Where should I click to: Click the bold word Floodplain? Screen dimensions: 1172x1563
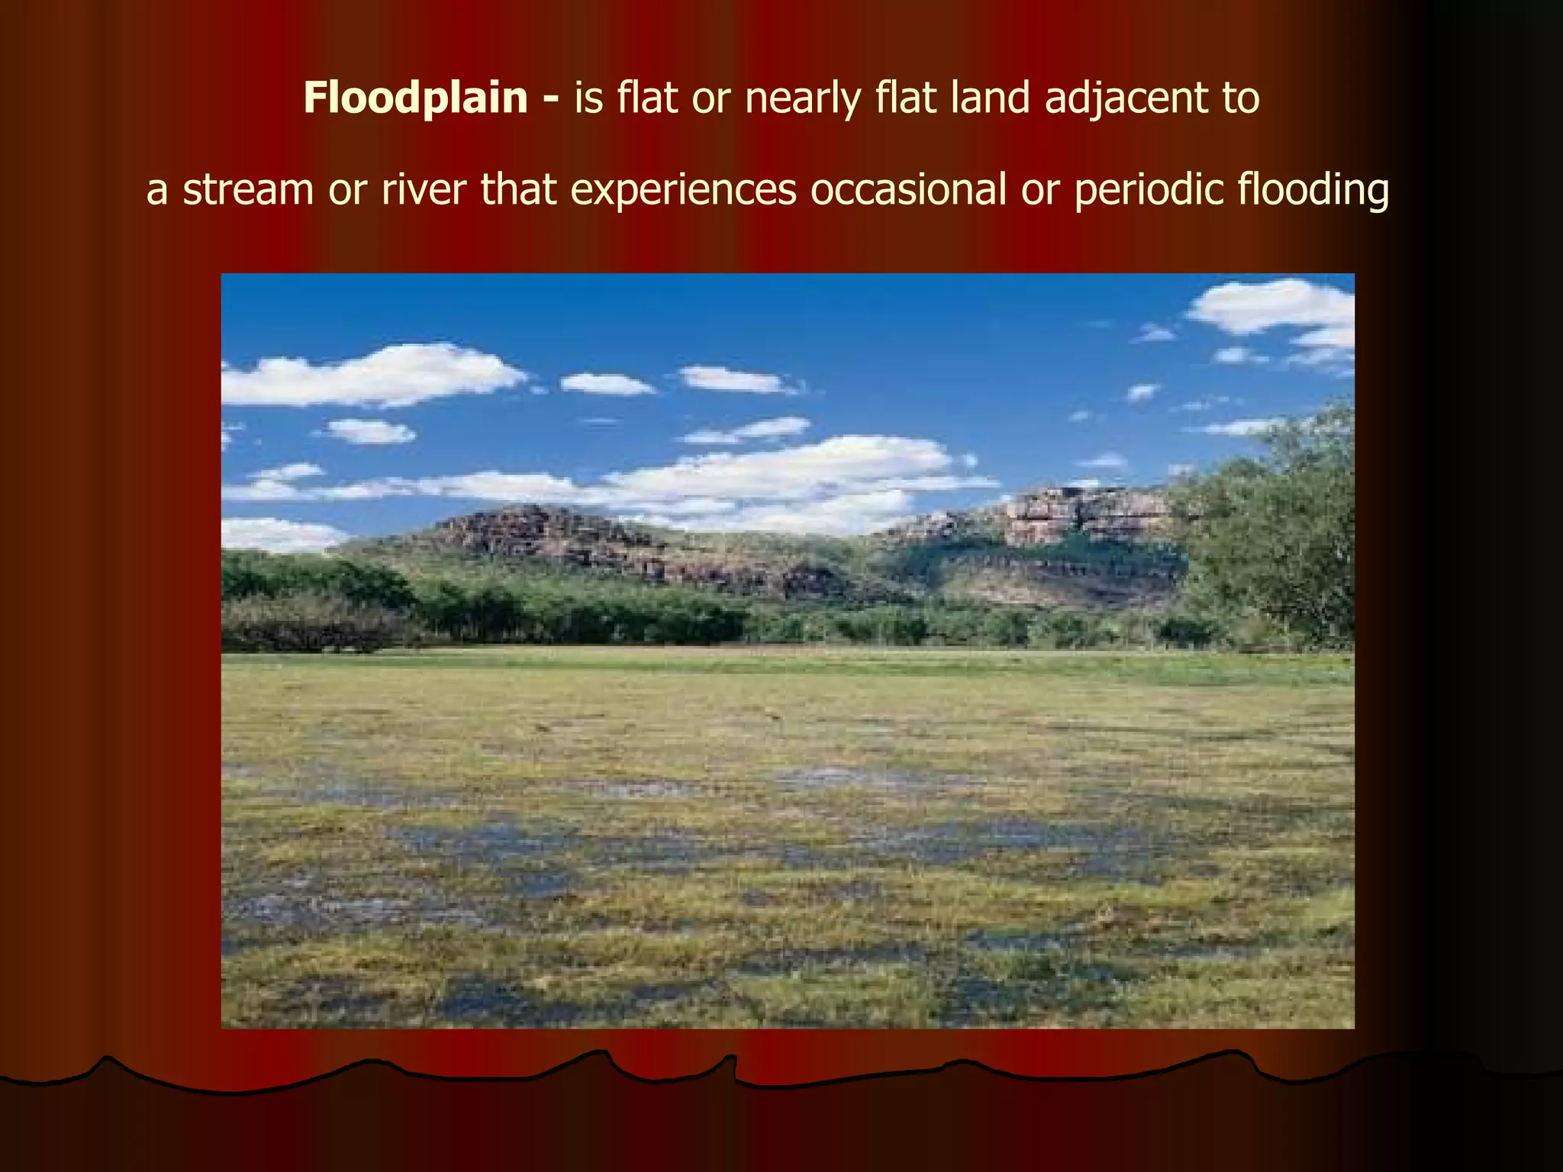pyautogui.click(x=415, y=99)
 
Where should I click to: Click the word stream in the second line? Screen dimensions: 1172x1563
pyautogui.click(x=248, y=190)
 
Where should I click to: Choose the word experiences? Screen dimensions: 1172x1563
pyautogui.click(x=683, y=191)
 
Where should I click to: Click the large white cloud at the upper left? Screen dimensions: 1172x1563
pyautogui.click(x=374, y=375)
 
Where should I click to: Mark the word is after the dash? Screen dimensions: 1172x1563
pyautogui.click(x=588, y=99)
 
